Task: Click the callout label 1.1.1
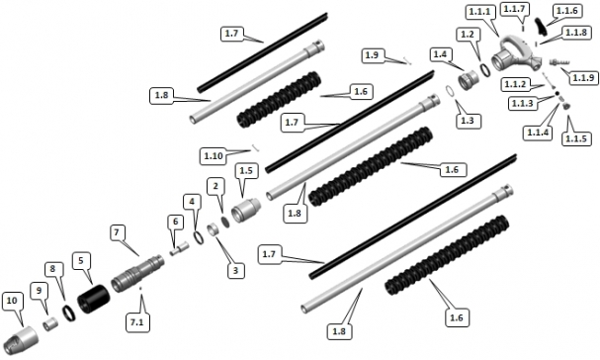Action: pyautogui.click(x=478, y=12)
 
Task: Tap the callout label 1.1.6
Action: pyautogui.click(x=566, y=11)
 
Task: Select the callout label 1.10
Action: pyautogui.click(x=214, y=156)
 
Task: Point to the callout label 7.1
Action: pyautogui.click(x=136, y=322)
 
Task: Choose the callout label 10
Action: pyautogui.click(x=12, y=301)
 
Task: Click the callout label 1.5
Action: pyautogui.click(x=246, y=170)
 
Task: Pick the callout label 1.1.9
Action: pyautogui.click(x=583, y=78)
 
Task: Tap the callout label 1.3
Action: pyautogui.click(x=467, y=121)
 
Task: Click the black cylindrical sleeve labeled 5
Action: pyautogui.click(x=93, y=299)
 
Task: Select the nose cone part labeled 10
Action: pyautogui.click(x=21, y=339)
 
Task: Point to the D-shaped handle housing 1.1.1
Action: pyautogui.click(x=515, y=53)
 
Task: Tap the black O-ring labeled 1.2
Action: pyautogui.click(x=485, y=69)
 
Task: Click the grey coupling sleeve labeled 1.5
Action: pyautogui.click(x=246, y=210)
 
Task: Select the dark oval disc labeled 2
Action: pyautogui.click(x=225, y=223)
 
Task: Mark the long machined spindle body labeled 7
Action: pyautogui.click(x=137, y=273)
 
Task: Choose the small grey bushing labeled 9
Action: pyautogui.click(x=50, y=324)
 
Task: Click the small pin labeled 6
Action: pyautogui.click(x=180, y=248)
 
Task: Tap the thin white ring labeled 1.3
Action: pyautogui.click(x=450, y=92)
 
